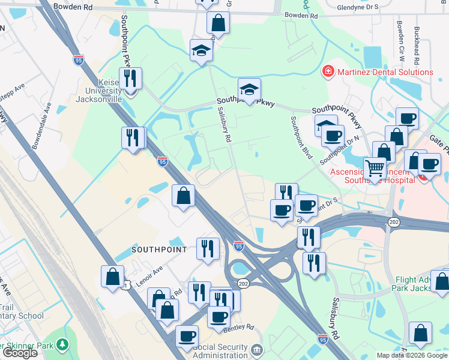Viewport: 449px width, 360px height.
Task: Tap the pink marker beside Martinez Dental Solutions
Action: [x=328, y=72]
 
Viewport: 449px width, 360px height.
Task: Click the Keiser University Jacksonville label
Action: [x=99, y=91]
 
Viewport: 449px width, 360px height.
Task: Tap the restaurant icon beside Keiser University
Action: [x=130, y=79]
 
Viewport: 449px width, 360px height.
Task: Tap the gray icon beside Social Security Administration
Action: [x=256, y=349]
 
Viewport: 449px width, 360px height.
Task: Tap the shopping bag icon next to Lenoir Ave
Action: [x=112, y=277]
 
